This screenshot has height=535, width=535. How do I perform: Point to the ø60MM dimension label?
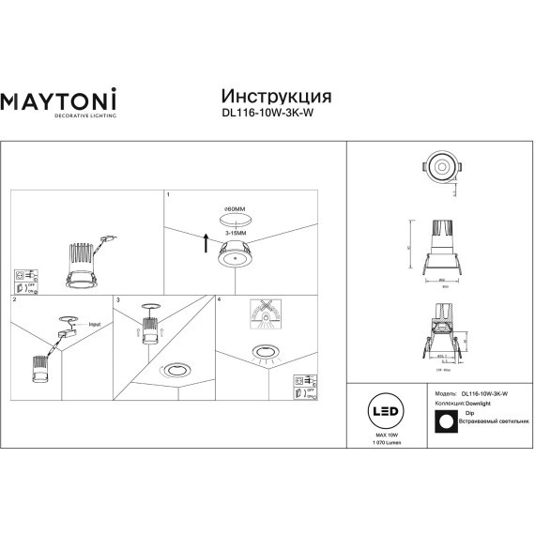234,208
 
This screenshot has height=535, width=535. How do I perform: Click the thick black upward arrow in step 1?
205,245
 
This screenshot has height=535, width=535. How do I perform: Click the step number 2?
14,300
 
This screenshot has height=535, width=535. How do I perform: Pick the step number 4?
219,300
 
